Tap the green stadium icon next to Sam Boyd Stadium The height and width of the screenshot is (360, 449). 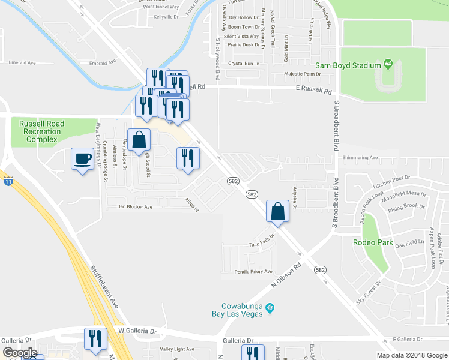387,64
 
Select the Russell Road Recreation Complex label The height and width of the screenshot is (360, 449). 41,131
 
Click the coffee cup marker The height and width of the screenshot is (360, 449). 82,159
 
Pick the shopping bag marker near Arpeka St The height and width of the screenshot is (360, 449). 278,211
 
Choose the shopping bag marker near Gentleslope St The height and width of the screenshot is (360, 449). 139,140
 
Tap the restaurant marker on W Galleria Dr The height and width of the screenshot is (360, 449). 95,339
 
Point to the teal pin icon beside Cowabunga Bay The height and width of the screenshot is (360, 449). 270,308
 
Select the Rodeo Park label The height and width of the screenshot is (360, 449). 373,243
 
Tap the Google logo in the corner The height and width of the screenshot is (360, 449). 19,353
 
